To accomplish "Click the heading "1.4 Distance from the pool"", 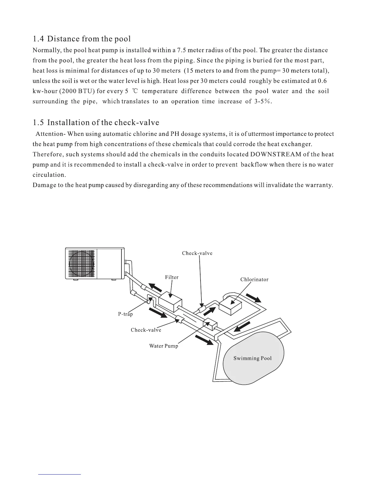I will tap(82, 39).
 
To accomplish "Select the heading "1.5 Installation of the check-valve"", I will tap(96, 123).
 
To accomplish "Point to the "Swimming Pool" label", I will tap(252, 358).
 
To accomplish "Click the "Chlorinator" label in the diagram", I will tap(254, 279).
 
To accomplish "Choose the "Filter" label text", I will tap(172, 277).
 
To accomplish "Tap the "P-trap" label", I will tap(125, 314).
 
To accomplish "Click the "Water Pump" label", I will tap(164, 346).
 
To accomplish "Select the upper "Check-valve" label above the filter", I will tap(197, 253).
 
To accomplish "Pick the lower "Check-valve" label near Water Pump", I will tap(146, 330).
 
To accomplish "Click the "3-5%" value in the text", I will tap(263, 101).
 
